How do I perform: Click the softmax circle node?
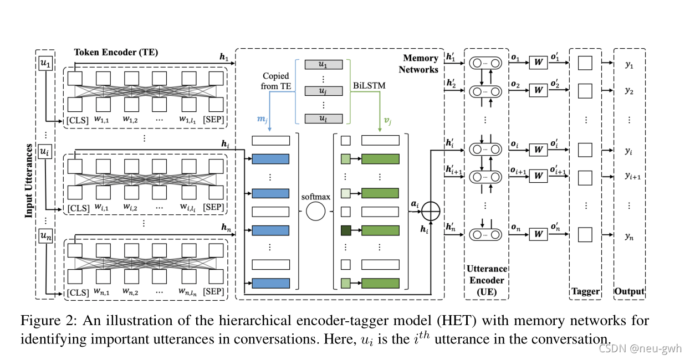coord(315,212)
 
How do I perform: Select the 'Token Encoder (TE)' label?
coord(116,53)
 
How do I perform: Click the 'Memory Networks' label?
coord(421,64)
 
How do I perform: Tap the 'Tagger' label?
coord(585,291)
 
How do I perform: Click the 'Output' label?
coord(630,291)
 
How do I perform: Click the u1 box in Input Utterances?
coord(45,65)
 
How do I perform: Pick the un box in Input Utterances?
coord(45,236)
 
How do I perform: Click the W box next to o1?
coord(537,62)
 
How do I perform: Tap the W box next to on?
coord(537,234)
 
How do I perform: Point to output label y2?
coord(629,91)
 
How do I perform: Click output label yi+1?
coord(632,176)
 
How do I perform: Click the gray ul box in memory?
coord(323,119)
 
